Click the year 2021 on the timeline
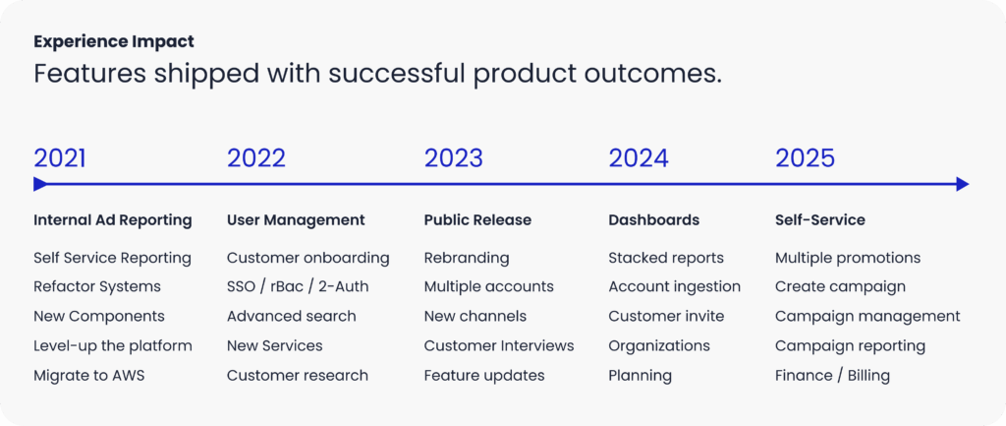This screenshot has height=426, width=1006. (60, 158)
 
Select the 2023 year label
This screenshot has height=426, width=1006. (454, 158)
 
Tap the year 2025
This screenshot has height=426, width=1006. (806, 158)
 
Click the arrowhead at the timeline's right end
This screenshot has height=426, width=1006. (963, 184)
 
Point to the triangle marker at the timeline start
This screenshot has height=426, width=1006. (39, 184)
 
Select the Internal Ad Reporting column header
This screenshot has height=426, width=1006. (113, 220)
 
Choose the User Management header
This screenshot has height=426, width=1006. (296, 220)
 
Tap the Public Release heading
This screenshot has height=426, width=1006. (478, 220)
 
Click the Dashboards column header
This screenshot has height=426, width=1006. (653, 220)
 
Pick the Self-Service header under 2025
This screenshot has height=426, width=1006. (820, 220)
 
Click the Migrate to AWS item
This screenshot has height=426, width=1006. (89, 376)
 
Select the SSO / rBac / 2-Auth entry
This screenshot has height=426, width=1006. (298, 286)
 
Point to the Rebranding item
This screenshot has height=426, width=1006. (467, 259)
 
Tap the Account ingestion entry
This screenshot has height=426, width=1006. (674, 286)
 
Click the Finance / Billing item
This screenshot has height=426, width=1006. (832, 376)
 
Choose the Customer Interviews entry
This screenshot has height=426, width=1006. (499, 345)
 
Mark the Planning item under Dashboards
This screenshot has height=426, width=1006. (641, 376)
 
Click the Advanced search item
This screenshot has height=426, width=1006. (291, 316)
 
